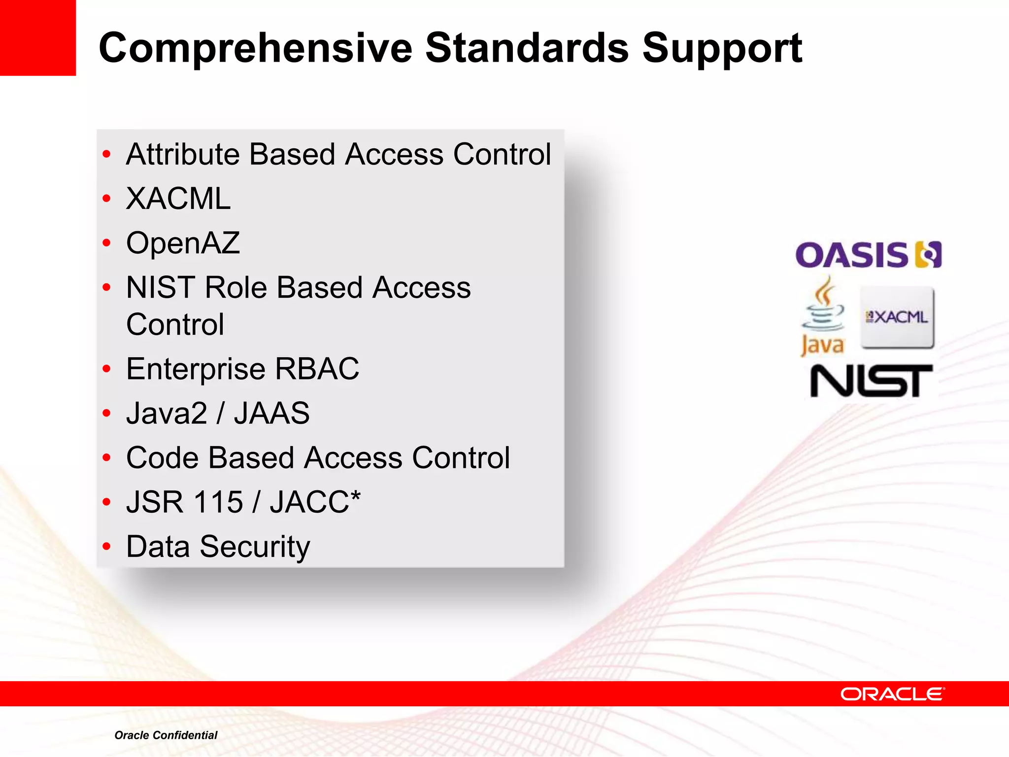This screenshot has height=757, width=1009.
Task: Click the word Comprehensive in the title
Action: tap(255, 48)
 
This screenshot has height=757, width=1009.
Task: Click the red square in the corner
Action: tap(37, 37)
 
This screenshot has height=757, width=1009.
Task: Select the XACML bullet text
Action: tap(178, 199)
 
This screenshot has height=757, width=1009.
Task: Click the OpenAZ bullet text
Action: tap(183, 243)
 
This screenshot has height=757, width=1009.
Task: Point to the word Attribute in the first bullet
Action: tap(182, 154)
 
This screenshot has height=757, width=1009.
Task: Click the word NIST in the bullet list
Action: tap(161, 287)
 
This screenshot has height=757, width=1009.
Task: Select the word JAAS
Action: tap(272, 413)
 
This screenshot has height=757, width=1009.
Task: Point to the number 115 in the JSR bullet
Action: tap(218, 502)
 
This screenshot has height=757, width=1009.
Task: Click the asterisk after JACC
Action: tap(355, 495)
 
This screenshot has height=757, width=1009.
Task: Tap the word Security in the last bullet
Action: tap(255, 547)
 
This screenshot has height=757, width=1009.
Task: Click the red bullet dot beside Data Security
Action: tap(107, 546)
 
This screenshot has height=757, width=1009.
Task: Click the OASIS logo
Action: tap(868, 255)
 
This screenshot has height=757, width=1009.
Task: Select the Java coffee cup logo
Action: tap(822, 315)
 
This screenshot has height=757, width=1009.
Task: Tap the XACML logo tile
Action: tap(897, 317)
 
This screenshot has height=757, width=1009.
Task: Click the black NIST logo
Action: tap(871, 380)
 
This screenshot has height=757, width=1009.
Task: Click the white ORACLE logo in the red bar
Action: tap(892, 694)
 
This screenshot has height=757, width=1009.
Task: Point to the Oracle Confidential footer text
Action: tap(166, 735)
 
